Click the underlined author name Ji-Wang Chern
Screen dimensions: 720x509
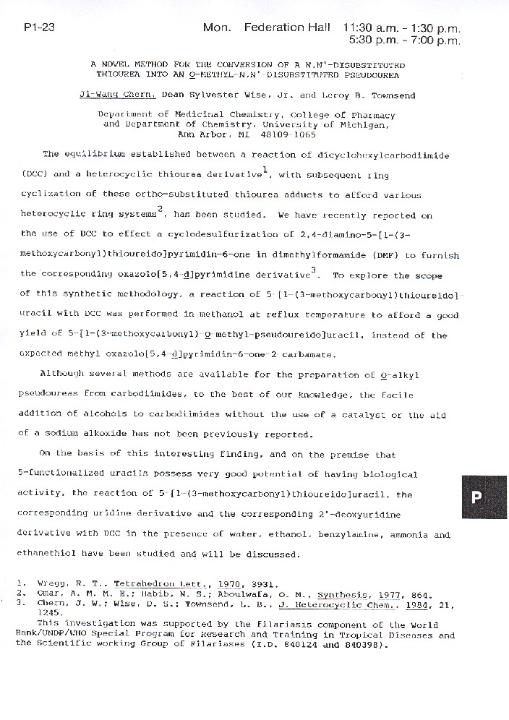tap(127, 94)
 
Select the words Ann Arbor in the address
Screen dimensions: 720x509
tap(194, 134)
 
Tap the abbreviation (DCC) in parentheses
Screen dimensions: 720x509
tap(32, 173)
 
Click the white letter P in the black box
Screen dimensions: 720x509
tap(476, 497)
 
